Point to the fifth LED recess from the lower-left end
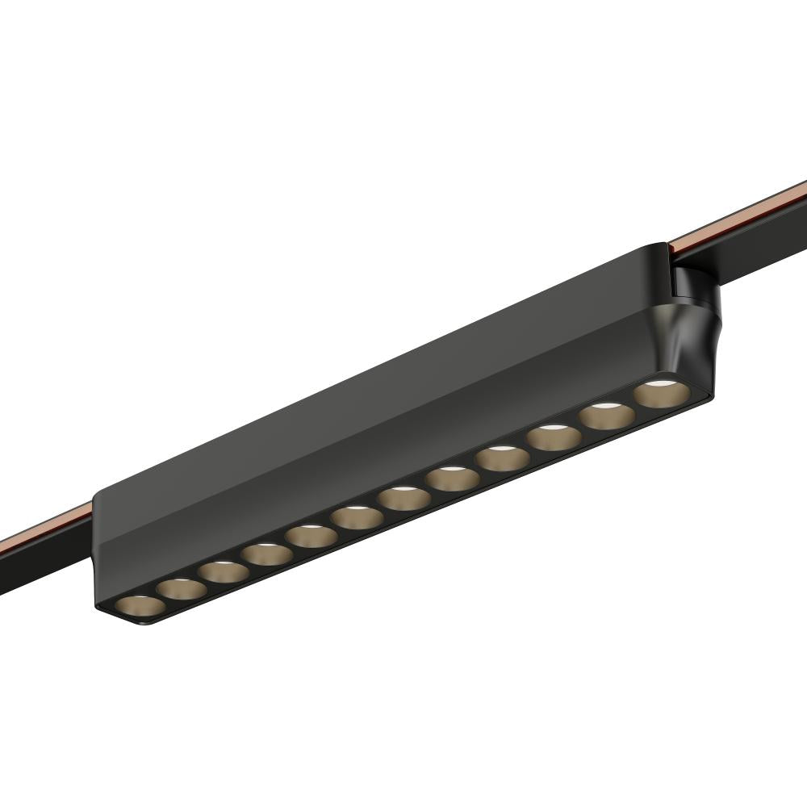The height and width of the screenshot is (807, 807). (313, 534)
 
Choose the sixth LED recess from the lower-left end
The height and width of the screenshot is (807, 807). (358, 516)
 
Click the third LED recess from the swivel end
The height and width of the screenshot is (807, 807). (554, 437)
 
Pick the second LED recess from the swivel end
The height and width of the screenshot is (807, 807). (607, 416)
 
